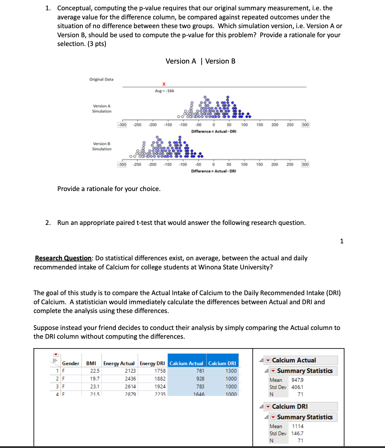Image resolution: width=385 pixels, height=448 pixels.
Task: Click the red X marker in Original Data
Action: tap(164, 84)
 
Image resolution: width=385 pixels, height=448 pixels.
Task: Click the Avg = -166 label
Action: tap(164, 91)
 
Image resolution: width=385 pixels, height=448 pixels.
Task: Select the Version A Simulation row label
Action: tap(102, 109)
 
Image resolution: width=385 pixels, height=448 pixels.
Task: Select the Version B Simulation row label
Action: tap(102, 146)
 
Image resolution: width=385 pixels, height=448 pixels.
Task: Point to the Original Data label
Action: tap(101, 79)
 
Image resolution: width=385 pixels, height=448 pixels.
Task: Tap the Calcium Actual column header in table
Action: tap(186, 363)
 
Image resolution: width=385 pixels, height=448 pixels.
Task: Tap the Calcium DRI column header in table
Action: tap(222, 363)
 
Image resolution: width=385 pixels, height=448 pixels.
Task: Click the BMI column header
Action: tap(91, 363)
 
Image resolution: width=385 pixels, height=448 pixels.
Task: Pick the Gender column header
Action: tap(71, 363)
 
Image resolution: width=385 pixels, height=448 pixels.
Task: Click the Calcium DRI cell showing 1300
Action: tap(231, 371)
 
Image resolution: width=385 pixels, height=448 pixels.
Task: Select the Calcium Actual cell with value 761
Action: tap(200, 371)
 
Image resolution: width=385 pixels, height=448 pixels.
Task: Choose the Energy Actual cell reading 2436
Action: tap(130, 379)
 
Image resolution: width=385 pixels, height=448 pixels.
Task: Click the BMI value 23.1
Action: tap(95, 387)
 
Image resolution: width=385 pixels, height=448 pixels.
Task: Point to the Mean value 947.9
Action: tap(297, 380)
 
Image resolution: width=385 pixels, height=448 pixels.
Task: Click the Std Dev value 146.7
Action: tap(297, 433)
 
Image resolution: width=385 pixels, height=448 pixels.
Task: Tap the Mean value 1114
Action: tap(297, 426)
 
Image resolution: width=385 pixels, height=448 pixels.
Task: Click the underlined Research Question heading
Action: tap(63, 258)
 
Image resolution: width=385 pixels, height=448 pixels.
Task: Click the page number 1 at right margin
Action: tap(342, 241)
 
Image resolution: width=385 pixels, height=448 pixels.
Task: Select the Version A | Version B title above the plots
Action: tap(200, 61)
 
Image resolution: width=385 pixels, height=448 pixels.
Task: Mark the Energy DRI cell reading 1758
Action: tap(160, 371)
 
